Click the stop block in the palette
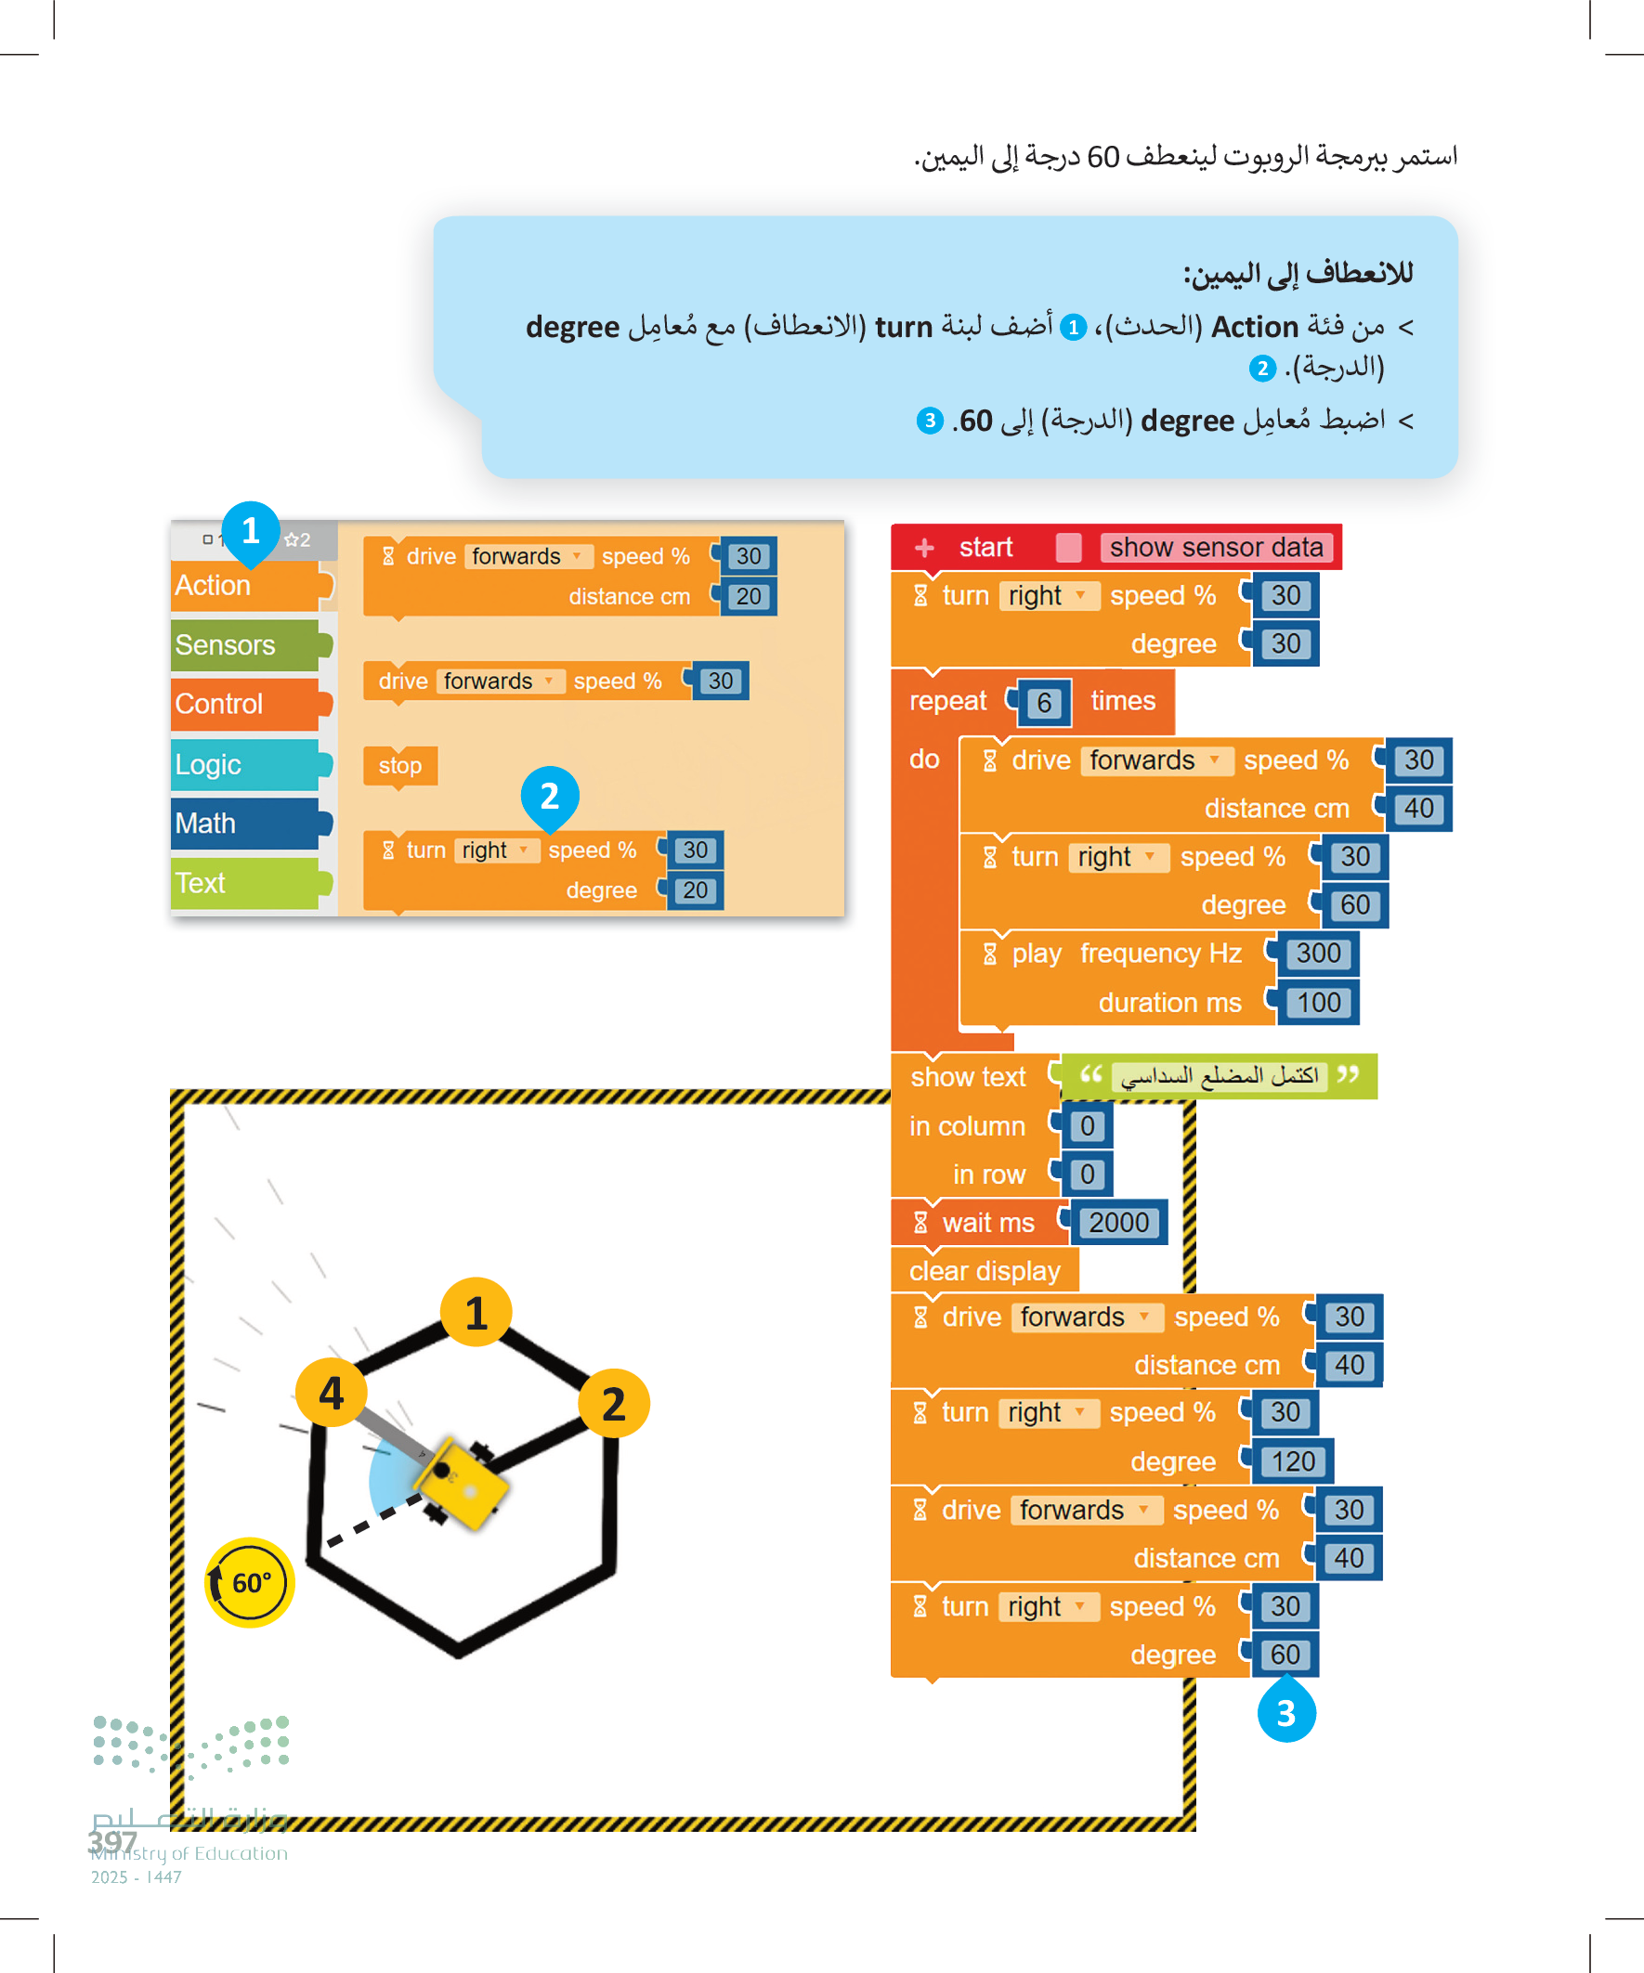click(399, 766)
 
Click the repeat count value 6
click(1043, 703)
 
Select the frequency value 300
click(1318, 954)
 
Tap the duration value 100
click(1318, 1003)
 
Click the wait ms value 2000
click(1118, 1222)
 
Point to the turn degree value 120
click(1293, 1461)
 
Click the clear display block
click(985, 1270)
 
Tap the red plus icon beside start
click(924, 547)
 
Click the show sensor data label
click(1216, 547)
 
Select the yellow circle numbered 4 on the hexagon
click(331, 1394)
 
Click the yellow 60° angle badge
click(250, 1582)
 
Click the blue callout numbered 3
click(1285, 1713)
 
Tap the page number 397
click(112, 1841)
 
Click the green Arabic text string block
click(1220, 1076)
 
